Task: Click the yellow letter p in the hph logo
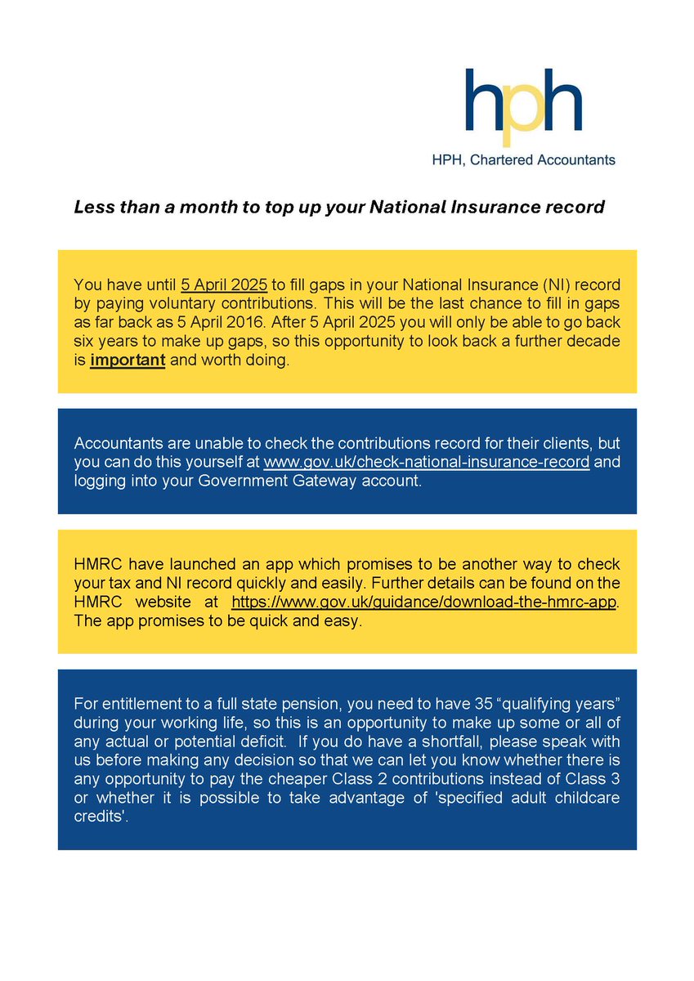(522, 107)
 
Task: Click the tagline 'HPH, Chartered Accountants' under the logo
(523, 160)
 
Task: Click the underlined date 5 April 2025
(224, 285)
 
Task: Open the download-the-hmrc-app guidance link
(425, 602)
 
